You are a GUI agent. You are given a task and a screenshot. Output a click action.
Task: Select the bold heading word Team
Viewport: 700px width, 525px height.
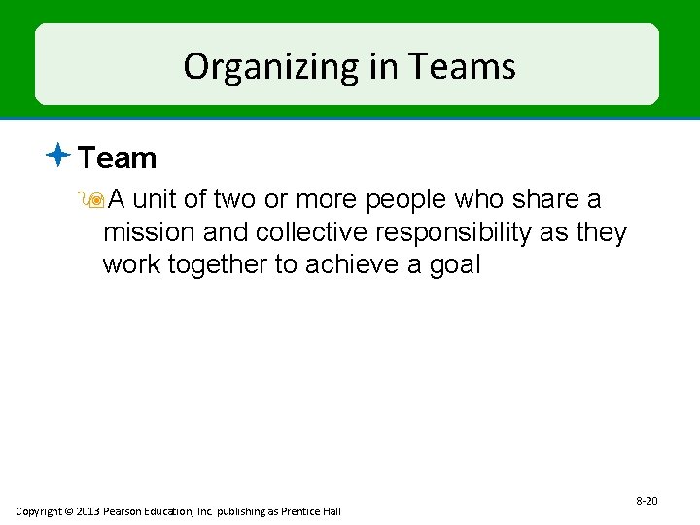click(x=117, y=157)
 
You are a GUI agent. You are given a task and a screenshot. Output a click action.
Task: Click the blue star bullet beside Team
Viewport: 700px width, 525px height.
click(x=59, y=154)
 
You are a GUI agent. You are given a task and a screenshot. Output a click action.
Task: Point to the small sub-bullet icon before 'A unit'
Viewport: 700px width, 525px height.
click(x=94, y=200)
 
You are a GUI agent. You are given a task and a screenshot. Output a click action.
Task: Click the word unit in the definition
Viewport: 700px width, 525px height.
click(x=155, y=200)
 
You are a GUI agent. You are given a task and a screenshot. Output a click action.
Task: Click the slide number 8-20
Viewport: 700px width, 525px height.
click(x=647, y=501)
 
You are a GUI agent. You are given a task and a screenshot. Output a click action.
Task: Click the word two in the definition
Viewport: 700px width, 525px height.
click(x=233, y=200)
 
